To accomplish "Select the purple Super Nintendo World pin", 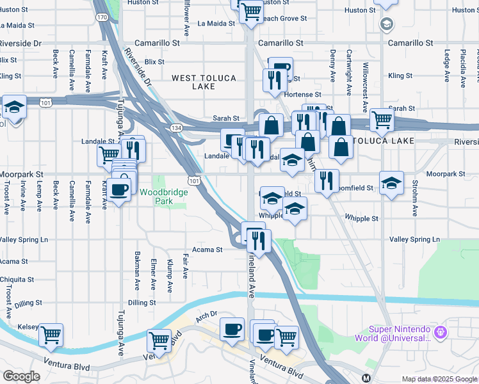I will [440, 333].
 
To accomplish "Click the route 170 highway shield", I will [102, 17].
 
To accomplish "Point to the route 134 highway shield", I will [174, 129].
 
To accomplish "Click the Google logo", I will [22, 376].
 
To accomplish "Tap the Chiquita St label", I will [17, 280].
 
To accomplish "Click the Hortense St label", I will [315, 93].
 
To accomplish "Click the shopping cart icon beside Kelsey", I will [51, 334].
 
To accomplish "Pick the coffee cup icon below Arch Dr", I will [232, 329].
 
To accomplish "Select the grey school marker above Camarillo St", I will [386, 25].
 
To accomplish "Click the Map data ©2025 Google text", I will [439, 379].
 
